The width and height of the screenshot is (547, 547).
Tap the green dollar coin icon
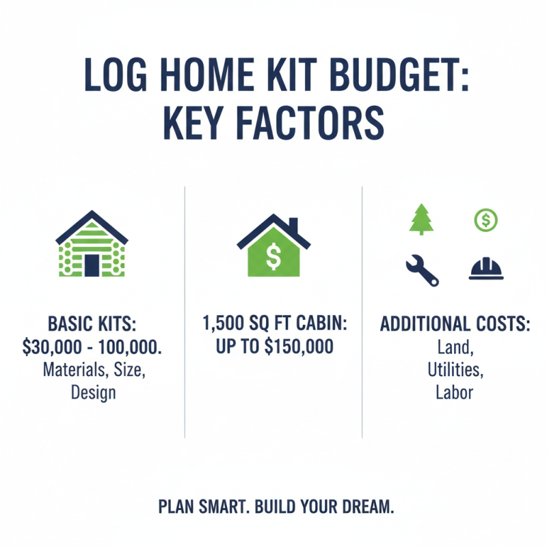point(485,219)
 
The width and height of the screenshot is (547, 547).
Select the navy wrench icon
point(422,269)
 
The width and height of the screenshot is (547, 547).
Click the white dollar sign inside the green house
point(273,257)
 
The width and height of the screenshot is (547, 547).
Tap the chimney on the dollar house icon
point(293,226)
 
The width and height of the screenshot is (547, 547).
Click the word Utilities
point(455,370)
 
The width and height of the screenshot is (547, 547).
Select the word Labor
point(455,393)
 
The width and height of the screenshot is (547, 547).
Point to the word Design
point(93,393)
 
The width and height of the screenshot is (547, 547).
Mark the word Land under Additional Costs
point(455,347)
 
